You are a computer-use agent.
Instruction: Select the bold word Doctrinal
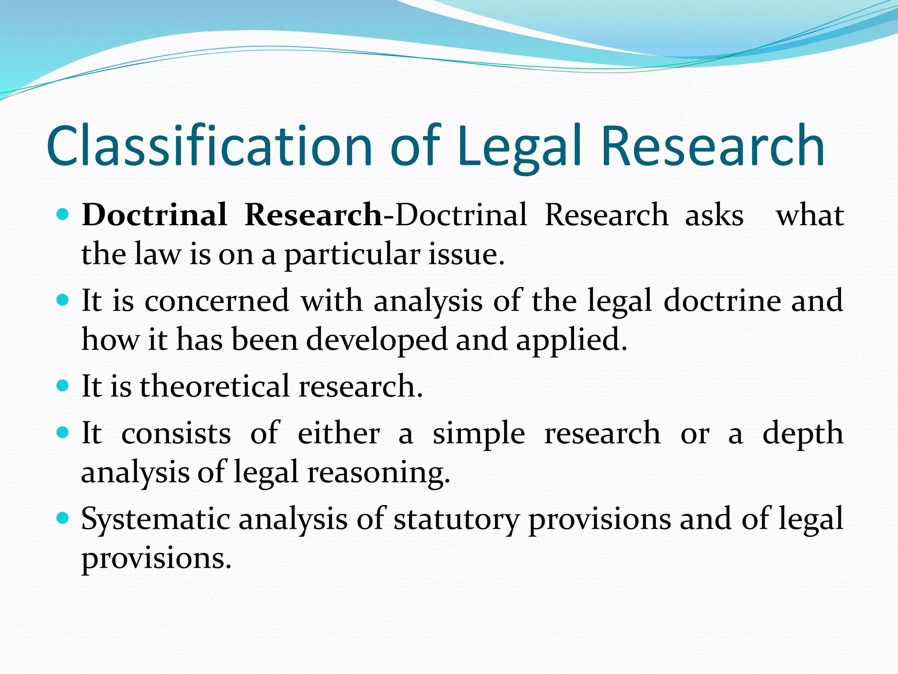(154, 215)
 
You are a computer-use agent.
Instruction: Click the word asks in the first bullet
(714, 215)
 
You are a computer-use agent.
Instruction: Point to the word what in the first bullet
(810, 215)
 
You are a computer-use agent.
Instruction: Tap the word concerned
(217, 301)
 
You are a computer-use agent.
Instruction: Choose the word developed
(377, 340)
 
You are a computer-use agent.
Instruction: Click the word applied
(571, 341)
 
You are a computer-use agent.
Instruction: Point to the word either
(339, 433)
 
